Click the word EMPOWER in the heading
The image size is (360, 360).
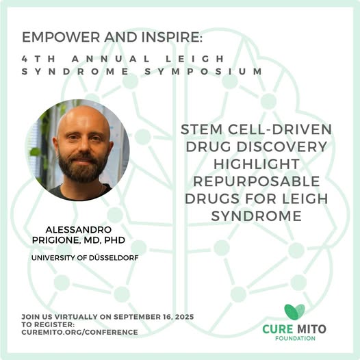(x=61, y=37)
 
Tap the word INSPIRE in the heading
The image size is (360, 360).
(x=171, y=37)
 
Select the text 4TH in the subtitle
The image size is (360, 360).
(x=38, y=59)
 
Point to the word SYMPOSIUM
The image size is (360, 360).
(x=203, y=71)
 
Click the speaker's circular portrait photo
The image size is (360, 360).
(x=79, y=150)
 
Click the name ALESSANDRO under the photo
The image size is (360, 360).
(x=79, y=229)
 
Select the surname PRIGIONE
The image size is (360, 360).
(x=56, y=240)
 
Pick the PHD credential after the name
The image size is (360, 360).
(x=114, y=240)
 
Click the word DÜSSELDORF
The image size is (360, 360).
(x=114, y=258)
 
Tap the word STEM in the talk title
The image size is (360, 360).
(x=202, y=129)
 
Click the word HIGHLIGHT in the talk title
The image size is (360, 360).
(x=257, y=164)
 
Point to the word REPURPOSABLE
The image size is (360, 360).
(x=257, y=181)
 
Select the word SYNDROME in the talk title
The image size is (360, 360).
(x=257, y=216)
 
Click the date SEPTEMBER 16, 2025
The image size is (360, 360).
(x=154, y=317)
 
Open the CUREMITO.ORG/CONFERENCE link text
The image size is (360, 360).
(x=79, y=332)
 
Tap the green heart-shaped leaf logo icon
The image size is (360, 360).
(x=294, y=312)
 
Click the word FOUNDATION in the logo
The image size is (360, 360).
(x=295, y=338)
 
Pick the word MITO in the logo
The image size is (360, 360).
(x=311, y=329)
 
